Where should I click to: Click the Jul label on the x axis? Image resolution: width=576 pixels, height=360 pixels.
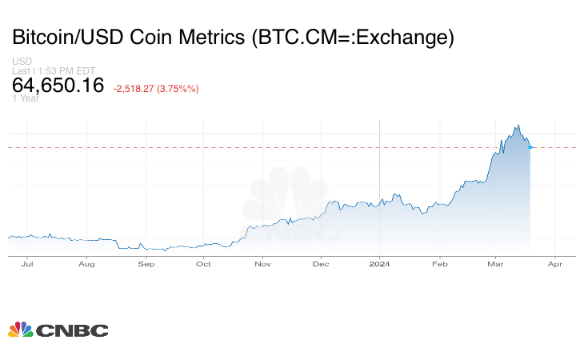pyautogui.click(x=28, y=262)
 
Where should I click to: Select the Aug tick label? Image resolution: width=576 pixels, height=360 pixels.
pyautogui.click(x=86, y=262)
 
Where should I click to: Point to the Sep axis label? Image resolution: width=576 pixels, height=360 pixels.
pyautogui.click(x=146, y=262)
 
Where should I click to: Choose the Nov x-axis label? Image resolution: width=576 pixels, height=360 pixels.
pyautogui.click(x=262, y=262)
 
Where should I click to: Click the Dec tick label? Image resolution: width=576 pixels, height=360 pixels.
pyautogui.click(x=321, y=262)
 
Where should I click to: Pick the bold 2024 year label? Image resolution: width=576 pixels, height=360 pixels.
pyautogui.click(x=380, y=262)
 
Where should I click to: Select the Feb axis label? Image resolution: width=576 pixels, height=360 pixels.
pyautogui.click(x=439, y=262)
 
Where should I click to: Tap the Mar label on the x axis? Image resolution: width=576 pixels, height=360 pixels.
pyautogui.click(x=495, y=262)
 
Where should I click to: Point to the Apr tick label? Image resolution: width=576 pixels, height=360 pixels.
pyautogui.click(x=554, y=262)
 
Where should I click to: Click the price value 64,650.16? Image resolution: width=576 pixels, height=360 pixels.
pyautogui.click(x=58, y=85)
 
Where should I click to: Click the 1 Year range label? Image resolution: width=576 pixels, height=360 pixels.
pyautogui.click(x=26, y=98)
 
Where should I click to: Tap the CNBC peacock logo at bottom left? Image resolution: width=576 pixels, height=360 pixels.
pyautogui.click(x=20, y=329)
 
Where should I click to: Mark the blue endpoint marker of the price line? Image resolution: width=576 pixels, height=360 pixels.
pyautogui.click(x=531, y=147)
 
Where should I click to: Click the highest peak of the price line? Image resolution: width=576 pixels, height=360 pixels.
pyautogui.click(x=518, y=125)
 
